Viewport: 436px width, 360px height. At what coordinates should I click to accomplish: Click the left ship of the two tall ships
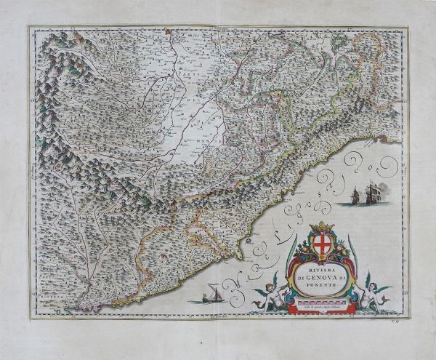pos(353,195)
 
